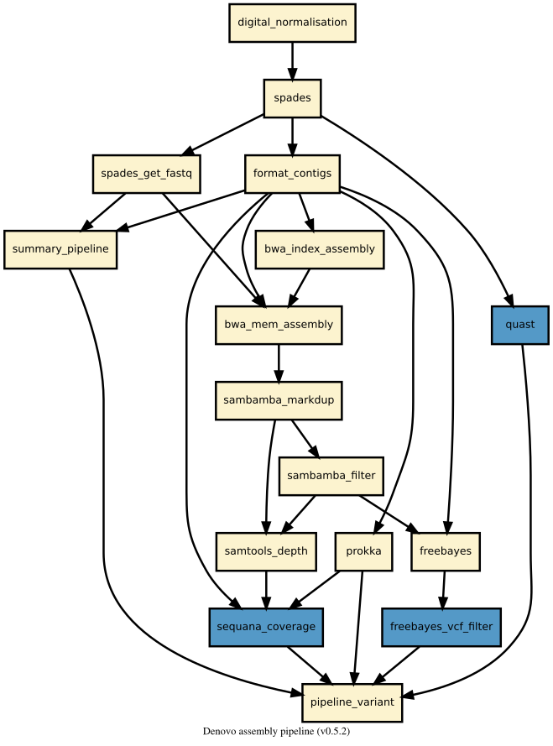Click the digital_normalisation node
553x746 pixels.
click(x=292, y=23)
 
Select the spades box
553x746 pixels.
click(x=292, y=98)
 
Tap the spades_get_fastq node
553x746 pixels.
click(x=146, y=174)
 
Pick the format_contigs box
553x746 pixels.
click(x=292, y=174)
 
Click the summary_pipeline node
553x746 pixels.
click(x=60, y=249)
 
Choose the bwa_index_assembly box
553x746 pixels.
click(x=320, y=249)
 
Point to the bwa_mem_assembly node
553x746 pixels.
click(x=279, y=325)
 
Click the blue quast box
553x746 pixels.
click(x=520, y=325)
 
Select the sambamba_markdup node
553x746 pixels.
click(x=279, y=400)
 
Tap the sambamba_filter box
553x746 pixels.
click(x=331, y=476)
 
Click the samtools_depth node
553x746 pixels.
click(x=266, y=551)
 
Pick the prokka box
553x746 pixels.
click(x=363, y=551)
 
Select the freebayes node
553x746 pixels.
click(x=446, y=551)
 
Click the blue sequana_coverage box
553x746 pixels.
click(x=266, y=627)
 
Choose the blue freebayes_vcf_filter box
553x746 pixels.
click(x=441, y=627)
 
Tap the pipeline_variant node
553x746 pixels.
click(x=352, y=702)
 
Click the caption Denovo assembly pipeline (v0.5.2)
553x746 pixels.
click(x=276, y=732)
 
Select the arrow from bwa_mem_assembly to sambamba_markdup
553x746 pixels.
click(x=279, y=363)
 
